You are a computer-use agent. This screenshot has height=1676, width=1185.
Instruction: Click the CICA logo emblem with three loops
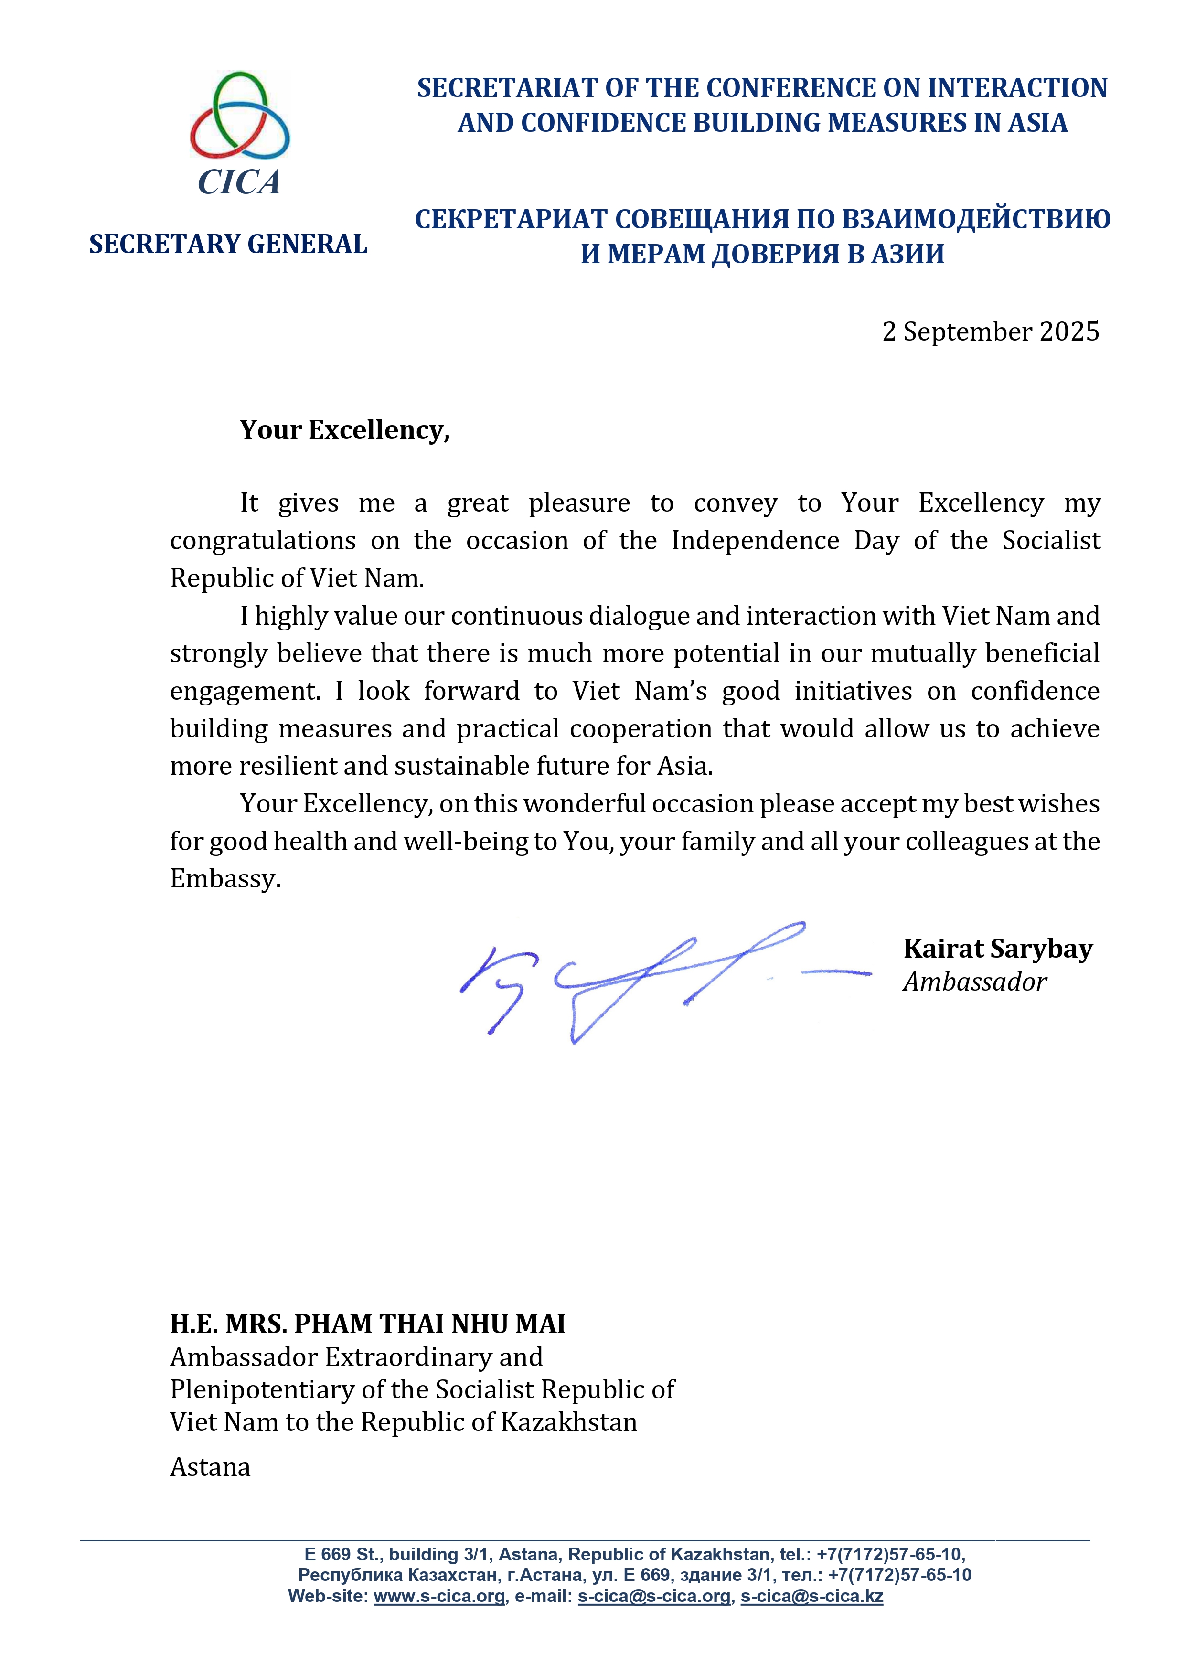tap(239, 115)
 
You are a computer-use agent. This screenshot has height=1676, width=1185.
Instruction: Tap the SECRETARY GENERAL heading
tap(228, 245)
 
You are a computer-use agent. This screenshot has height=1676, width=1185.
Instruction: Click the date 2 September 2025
tap(990, 332)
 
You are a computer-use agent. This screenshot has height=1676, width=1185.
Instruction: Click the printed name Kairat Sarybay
tap(997, 949)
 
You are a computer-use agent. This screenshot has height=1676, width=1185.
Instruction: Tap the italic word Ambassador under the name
tap(975, 982)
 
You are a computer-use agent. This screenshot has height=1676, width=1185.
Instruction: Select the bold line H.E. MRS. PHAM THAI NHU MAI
tap(367, 1324)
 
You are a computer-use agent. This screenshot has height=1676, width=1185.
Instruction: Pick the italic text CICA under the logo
tap(239, 182)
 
